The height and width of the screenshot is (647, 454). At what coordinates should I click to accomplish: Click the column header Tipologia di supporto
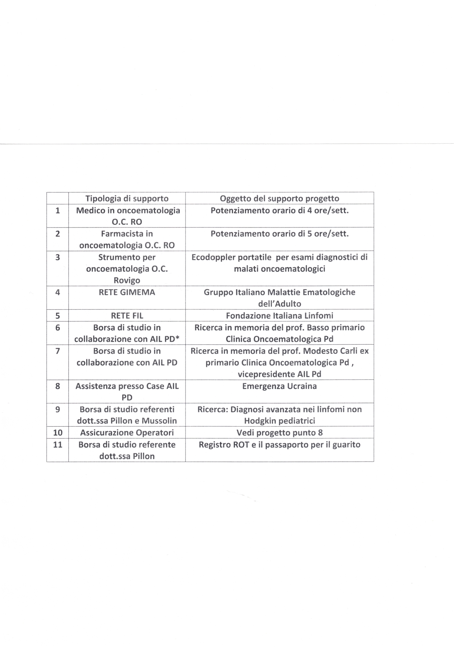[127, 198]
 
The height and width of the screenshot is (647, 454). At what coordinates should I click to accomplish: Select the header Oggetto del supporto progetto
[279, 198]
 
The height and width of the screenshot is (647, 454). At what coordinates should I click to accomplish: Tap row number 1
[58, 211]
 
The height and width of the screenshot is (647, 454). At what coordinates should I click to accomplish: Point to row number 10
[58, 433]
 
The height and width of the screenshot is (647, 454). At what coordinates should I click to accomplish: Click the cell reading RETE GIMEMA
[127, 292]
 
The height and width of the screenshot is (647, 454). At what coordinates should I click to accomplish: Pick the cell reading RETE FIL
[127, 316]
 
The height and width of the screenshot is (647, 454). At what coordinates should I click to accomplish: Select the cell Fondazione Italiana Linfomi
[279, 316]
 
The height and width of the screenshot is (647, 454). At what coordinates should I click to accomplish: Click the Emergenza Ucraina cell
[279, 386]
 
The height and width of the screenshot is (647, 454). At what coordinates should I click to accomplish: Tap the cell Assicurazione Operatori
[127, 433]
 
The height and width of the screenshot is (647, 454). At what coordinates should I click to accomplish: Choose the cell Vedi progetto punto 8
[279, 433]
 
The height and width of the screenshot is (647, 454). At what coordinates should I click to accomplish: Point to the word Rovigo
[127, 280]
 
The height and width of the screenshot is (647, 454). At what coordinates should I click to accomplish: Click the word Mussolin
[160, 421]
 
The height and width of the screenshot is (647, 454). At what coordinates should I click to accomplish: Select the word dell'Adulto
[279, 304]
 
